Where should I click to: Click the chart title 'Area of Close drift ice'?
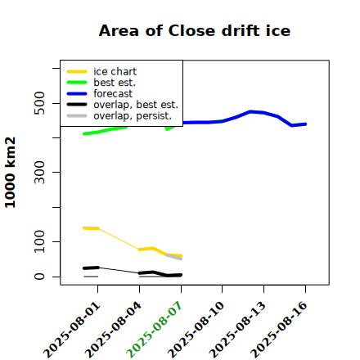[195, 30]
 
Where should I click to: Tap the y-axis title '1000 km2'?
[11, 173]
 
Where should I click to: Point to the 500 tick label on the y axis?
[39, 103]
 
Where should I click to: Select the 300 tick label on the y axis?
[39, 172]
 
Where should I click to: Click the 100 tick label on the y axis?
[39, 241]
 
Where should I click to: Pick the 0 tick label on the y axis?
[39, 277]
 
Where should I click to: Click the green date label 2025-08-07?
[154, 330]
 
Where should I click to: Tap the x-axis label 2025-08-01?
[71, 330]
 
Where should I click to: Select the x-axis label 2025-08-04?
[113, 330]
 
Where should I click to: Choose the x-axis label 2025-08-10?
[196, 330]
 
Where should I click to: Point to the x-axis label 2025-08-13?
[237, 330]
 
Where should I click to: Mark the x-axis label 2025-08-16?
[279, 330]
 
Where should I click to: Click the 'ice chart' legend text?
[115, 72]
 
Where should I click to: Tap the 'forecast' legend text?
[113, 93]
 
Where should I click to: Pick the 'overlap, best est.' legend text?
[136, 105]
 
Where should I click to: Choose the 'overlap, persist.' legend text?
[133, 116]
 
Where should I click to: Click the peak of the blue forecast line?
[250, 111]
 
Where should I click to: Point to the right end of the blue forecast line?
[306, 124]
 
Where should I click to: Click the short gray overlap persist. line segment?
[174, 257]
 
